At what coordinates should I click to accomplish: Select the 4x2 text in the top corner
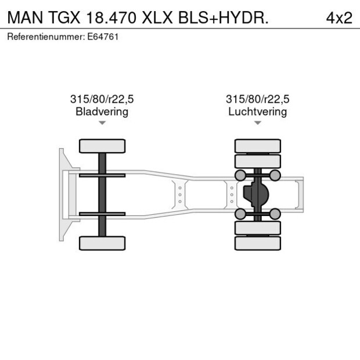click(339, 17)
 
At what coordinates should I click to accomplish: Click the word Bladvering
click(102, 111)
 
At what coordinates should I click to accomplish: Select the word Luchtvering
click(257, 111)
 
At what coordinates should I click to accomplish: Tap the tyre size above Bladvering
click(102, 99)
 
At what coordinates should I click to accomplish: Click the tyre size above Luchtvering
click(257, 99)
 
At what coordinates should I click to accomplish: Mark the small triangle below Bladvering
click(102, 123)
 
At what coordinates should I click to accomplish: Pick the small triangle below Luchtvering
click(257, 123)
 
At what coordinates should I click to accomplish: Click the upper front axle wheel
click(102, 146)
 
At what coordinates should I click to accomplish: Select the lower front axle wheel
click(102, 243)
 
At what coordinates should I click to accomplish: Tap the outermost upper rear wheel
click(257, 146)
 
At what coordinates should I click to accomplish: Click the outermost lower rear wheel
click(257, 243)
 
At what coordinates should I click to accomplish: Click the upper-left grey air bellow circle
click(239, 175)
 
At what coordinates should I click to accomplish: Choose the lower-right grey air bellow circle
click(275, 214)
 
